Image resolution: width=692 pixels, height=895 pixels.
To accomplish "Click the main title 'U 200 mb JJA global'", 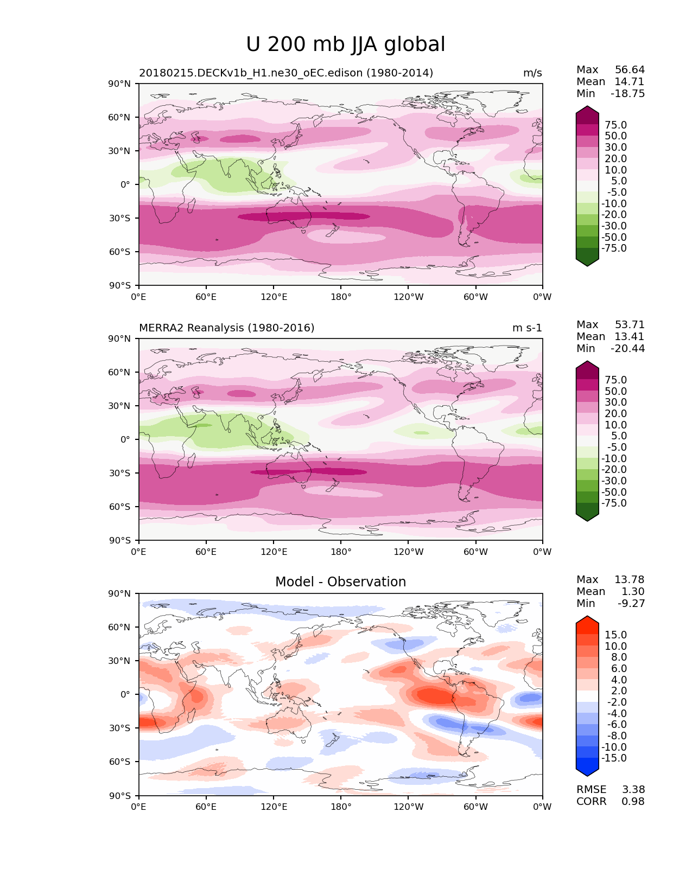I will (345, 44).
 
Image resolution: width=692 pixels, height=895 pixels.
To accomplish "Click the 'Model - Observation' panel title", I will (340, 582).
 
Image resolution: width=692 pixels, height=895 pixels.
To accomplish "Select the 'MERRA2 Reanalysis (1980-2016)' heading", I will (226, 328).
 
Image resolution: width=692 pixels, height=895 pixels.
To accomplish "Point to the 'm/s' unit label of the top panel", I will (532, 73).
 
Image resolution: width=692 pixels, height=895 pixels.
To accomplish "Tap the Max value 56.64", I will (630, 70).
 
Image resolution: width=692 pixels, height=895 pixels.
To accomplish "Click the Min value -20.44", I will (627, 349).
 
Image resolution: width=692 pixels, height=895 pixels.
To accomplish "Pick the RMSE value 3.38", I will (633, 790).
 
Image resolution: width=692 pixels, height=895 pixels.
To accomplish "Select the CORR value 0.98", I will (633, 802).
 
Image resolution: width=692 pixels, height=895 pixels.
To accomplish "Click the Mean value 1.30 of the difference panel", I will (632, 592).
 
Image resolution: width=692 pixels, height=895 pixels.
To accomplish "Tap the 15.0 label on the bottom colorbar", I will (615, 635).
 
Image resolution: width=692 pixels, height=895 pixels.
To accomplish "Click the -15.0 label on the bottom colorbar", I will (614, 758).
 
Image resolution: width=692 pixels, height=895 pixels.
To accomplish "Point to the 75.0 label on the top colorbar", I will (615, 125).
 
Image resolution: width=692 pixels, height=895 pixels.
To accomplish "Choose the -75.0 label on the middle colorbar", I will (614, 503).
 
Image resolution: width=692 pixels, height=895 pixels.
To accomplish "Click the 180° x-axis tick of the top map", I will (341, 297).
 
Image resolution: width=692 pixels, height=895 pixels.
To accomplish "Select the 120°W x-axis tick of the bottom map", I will (408, 807).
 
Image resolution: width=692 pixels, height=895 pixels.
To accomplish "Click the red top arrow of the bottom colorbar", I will (587, 622).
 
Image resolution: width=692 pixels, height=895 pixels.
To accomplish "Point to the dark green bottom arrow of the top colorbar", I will (587, 261).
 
